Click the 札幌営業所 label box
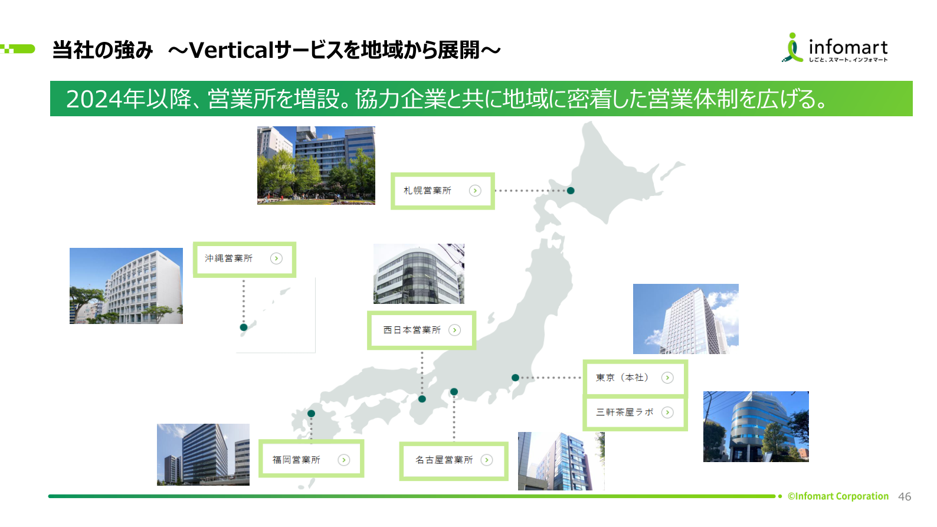442,191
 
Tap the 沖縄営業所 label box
244,259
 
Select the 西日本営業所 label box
421,330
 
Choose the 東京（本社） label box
635,378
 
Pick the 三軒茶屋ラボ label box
635,413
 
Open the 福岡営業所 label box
311,459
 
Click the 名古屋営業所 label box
453,460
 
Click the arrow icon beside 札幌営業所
475,191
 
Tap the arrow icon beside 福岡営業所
344,460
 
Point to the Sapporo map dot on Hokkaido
571,191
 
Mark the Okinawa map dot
244,327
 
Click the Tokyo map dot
515,378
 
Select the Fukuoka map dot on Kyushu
312,414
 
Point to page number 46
905,497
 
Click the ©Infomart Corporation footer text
838,496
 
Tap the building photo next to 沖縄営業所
126,286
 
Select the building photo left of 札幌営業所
316,165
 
